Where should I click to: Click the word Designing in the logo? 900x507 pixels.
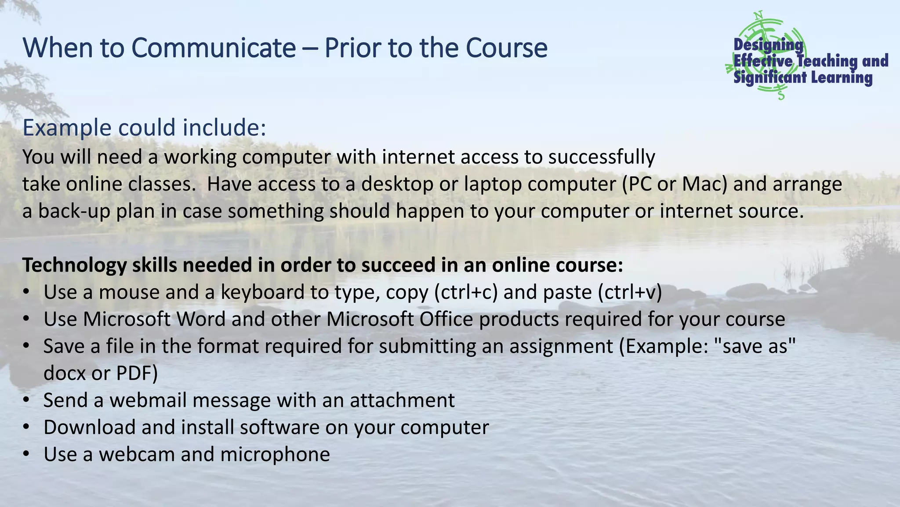click(x=768, y=44)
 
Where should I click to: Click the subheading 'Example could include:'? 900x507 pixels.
click(x=144, y=128)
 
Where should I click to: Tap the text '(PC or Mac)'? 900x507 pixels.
click(x=675, y=184)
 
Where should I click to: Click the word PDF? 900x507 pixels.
click(x=137, y=373)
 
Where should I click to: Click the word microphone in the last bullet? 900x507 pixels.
click(x=275, y=455)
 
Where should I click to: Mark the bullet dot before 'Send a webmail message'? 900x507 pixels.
click(x=27, y=400)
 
